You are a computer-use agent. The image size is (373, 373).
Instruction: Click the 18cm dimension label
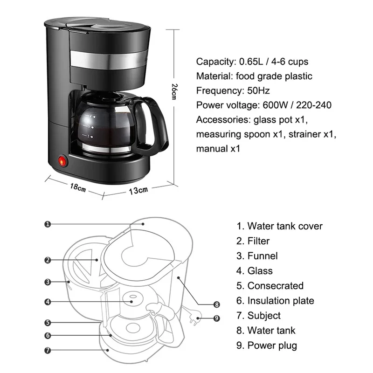pyautogui.click(x=78, y=188)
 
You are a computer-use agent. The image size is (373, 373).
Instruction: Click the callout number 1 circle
pyautogui.click(x=47, y=224)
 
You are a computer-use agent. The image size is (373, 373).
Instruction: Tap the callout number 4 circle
pyautogui.click(x=47, y=302)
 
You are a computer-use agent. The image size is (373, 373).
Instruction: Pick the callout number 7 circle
pyautogui.click(x=47, y=350)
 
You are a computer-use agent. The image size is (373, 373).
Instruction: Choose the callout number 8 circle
pyautogui.click(x=216, y=304)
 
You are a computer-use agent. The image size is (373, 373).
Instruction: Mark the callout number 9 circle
pyautogui.click(x=216, y=319)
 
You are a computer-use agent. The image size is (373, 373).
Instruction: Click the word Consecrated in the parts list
pyautogui.click(x=275, y=286)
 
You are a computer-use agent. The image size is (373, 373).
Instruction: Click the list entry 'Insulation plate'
pyautogui.click(x=281, y=301)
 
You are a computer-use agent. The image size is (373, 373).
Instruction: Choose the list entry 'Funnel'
pyautogui.click(x=262, y=256)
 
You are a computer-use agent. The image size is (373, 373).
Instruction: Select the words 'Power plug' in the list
pyautogui.click(x=272, y=345)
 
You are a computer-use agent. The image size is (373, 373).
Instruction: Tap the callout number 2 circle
pyautogui.click(x=47, y=260)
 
